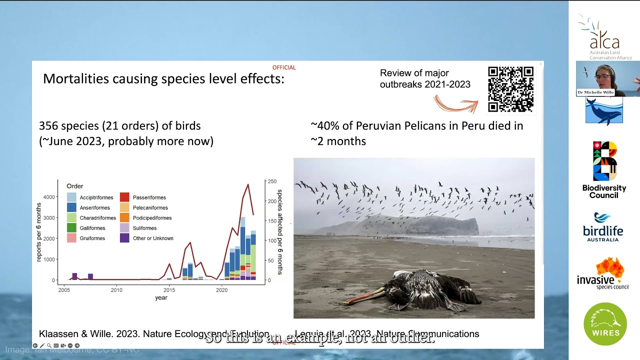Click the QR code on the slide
(510, 89)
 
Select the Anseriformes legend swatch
(71, 207)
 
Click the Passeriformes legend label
(149, 197)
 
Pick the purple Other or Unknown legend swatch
(124, 238)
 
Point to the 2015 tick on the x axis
(169, 289)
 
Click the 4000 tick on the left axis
(49, 197)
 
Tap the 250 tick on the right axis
(271, 181)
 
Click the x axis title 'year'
(161, 297)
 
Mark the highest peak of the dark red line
(247, 185)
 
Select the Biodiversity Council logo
(604, 170)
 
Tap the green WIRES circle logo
(605, 324)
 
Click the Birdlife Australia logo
(603, 227)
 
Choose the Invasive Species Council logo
(603, 273)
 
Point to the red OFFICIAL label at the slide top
(284, 67)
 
